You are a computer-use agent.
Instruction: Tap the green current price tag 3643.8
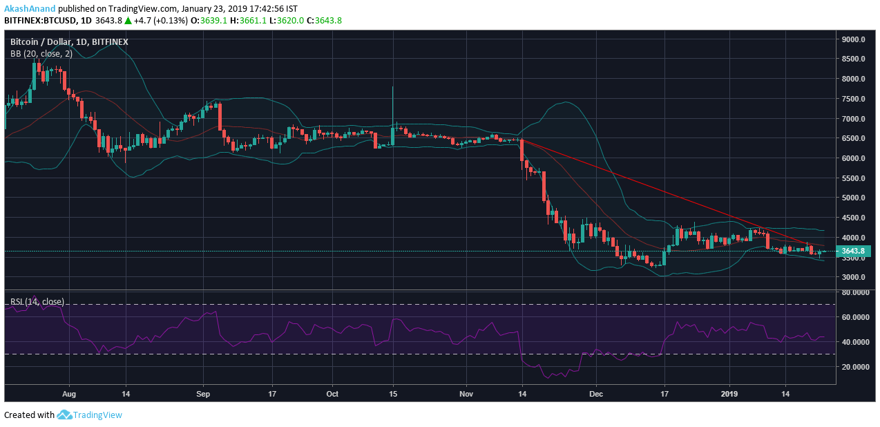[x=852, y=252]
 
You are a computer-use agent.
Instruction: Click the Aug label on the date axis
[x=68, y=394]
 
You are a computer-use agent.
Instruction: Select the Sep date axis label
[x=202, y=394]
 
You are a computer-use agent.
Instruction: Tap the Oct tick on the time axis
[x=332, y=394]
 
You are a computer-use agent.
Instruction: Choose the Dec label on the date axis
[x=596, y=394]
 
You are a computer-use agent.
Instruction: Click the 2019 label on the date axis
[x=729, y=394]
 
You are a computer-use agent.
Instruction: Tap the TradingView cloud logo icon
[x=64, y=415]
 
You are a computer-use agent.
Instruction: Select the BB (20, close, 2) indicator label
[x=41, y=54]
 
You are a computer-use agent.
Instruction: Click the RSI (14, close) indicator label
[x=37, y=301]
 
